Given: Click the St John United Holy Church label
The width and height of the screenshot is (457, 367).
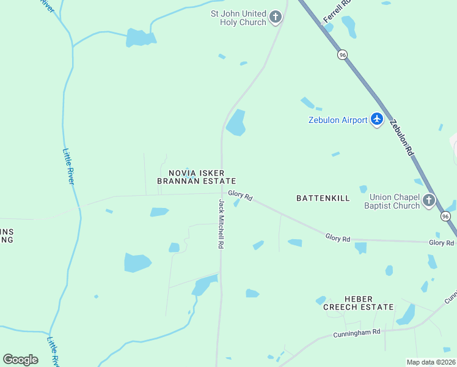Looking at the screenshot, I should (x=238, y=18).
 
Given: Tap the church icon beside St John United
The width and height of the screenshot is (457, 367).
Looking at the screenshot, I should (x=276, y=17).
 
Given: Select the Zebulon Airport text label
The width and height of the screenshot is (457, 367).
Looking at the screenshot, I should (x=337, y=120).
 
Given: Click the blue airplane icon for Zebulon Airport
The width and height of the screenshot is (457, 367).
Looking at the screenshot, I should (x=377, y=119).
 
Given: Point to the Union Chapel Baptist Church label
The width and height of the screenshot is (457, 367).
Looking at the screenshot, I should (x=395, y=201).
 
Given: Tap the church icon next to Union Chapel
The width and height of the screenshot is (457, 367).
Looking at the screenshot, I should (x=430, y=200).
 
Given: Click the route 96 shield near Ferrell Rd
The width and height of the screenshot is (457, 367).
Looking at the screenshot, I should (x=342, y=54).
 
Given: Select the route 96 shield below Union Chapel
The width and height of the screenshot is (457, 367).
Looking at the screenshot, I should (x=445, y=217).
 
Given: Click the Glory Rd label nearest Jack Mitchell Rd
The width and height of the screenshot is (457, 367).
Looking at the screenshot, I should (x=240, y=195).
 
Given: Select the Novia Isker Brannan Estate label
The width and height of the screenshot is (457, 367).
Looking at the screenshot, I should (x=196, y=177).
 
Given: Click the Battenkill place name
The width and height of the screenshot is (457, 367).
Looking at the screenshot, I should (x=323, y=198).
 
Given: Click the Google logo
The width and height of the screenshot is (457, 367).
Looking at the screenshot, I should (x=21, y=360).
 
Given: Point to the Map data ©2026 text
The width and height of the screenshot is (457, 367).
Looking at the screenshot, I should (x=431, y=362).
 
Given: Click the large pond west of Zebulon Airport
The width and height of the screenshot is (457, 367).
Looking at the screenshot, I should (x=236, y=123).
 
